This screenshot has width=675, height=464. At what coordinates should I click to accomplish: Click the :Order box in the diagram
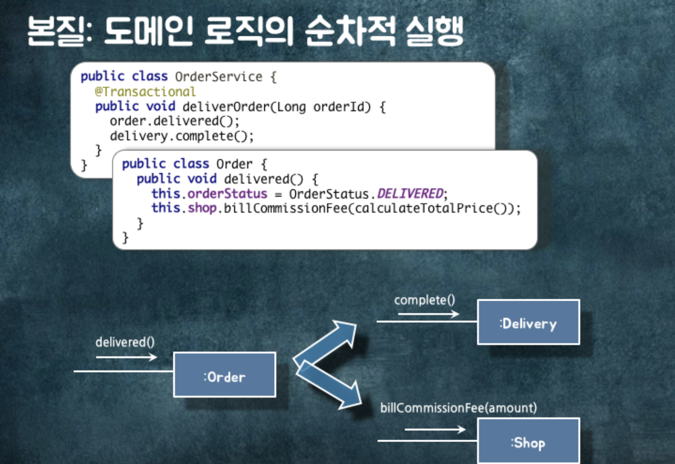tap(224, 375)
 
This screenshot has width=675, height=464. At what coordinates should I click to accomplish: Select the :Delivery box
tap(528, 322)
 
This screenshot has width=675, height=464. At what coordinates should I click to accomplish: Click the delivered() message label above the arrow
tap(125, 342)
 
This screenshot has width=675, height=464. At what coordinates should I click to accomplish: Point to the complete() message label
tap(424, 300)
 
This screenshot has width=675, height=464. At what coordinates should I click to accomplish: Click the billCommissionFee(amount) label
tap(458, 408)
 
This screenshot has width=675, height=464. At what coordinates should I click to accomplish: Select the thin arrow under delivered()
tap(127, 357)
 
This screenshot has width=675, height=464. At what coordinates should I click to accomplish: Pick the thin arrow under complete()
tap(428, 314)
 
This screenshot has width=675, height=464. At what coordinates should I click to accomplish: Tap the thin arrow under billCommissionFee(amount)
tap(435, 429)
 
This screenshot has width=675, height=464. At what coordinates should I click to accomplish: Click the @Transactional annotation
tap(145, 92)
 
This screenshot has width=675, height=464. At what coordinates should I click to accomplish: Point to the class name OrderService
tap(219, 77)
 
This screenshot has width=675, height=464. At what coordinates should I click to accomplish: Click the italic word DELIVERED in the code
tap(410, 193)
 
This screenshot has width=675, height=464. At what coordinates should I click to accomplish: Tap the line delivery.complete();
tap(182, 136)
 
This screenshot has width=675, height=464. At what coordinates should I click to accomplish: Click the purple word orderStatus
tap(227, 193)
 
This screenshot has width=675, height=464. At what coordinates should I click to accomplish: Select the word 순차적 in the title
tap(350, 31)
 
